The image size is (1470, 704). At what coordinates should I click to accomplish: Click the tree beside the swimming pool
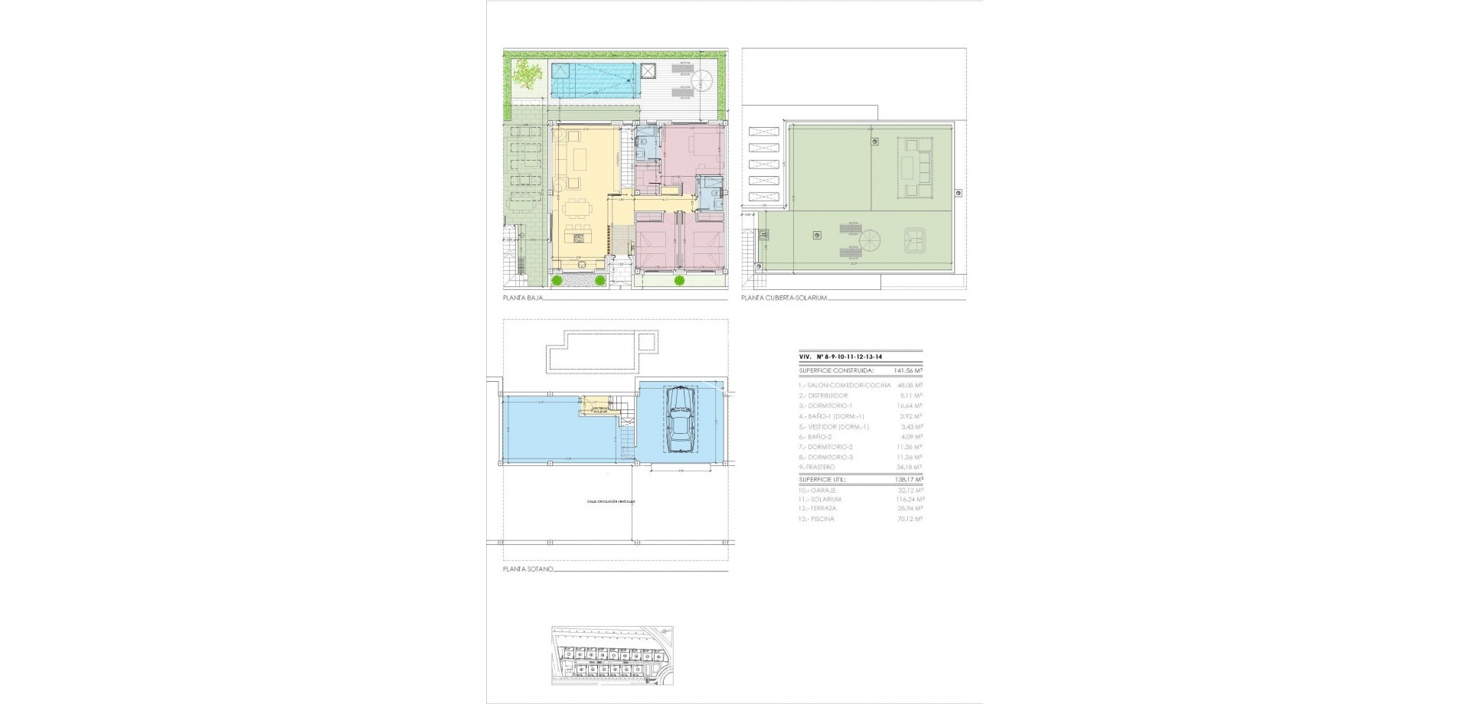tap(524, 74)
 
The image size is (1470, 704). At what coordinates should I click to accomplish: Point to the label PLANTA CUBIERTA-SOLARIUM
tap(784, 297)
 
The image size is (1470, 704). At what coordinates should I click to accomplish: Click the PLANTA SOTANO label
tap(528, 569)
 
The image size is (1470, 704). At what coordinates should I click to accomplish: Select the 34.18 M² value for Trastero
tap(910, 467)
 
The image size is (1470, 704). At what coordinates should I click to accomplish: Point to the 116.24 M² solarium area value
tap(909, 499)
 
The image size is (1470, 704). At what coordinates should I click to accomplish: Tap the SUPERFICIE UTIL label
tap(826, 480)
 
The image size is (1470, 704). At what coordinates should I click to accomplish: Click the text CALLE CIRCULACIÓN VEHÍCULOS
tap(611, 502)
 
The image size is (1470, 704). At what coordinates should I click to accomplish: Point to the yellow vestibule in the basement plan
tap(595, 403)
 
